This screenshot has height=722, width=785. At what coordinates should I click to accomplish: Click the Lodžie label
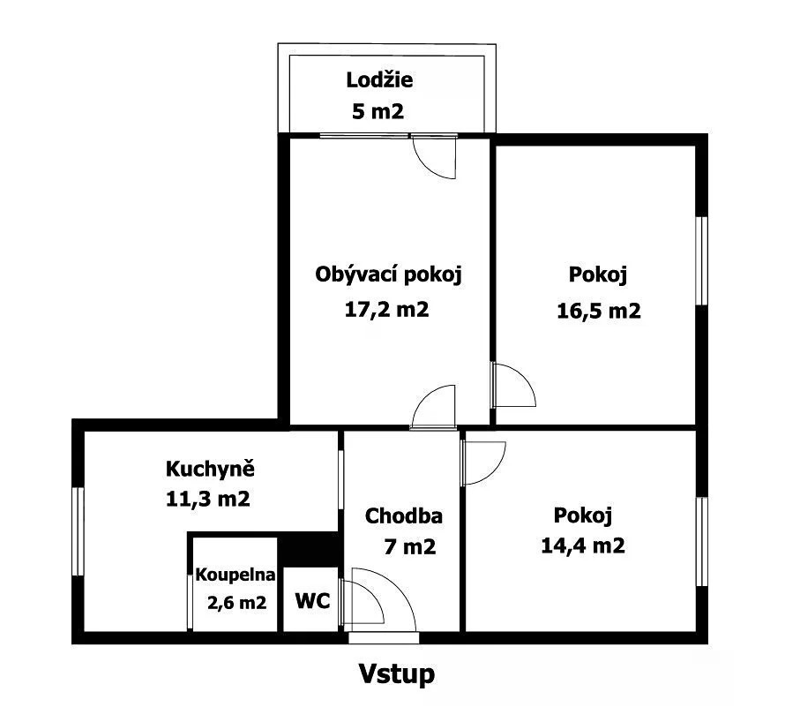[x=379, y=80]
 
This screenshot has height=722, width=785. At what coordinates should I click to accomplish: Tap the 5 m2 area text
[x=378, y=111]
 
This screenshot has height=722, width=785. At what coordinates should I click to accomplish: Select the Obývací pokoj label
[x=388, y=275]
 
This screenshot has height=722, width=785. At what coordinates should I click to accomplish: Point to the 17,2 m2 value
[x=386, y=310]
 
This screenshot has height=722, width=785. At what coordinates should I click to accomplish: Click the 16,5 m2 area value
[x=599, y=311]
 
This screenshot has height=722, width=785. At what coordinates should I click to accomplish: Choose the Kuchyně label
[x=210, y=469]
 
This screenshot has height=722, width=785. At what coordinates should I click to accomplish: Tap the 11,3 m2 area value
[x=208, y=499]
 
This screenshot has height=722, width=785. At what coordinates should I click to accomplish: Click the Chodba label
[x=403, y=515]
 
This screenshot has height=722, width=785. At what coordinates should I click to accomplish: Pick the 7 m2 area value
[x=409, y=546]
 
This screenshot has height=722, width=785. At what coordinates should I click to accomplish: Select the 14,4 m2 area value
[x=583, y=545]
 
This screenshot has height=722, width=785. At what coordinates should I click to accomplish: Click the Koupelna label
[x=235, y=575]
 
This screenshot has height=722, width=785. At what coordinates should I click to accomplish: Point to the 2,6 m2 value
[x=236, y=602]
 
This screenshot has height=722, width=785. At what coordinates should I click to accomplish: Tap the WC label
[x=312, y=600]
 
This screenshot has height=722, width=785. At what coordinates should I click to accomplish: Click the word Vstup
[x=397, y=674]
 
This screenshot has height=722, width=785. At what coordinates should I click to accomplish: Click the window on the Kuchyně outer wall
[x=78, y=531]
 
